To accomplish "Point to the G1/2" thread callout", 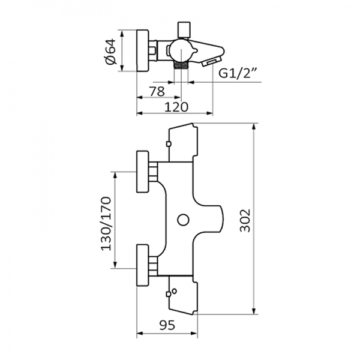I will [238, 74].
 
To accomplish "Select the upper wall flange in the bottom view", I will [143, 172].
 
